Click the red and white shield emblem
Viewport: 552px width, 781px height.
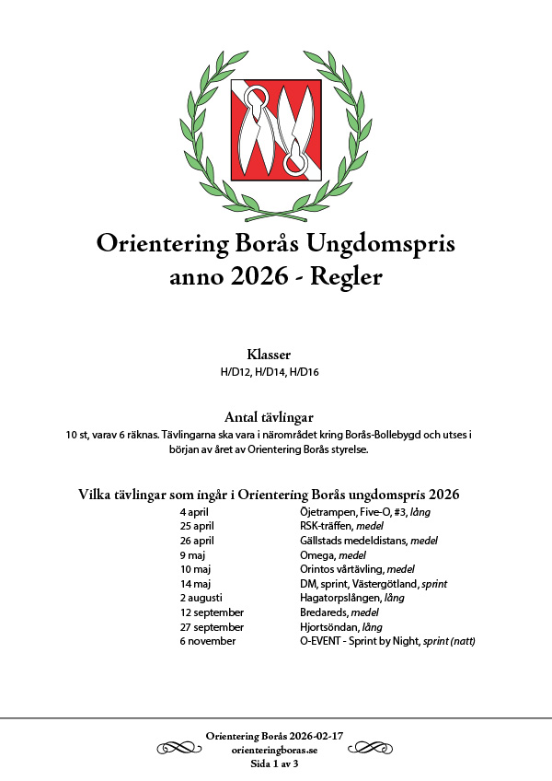[275, 129]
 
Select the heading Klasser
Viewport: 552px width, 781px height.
[269, 355]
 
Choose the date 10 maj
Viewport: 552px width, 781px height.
[196, 569]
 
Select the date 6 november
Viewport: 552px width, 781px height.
[208, 640]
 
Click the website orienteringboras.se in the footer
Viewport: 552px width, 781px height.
[275, 751]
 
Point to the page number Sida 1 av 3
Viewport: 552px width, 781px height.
[275, 764]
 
